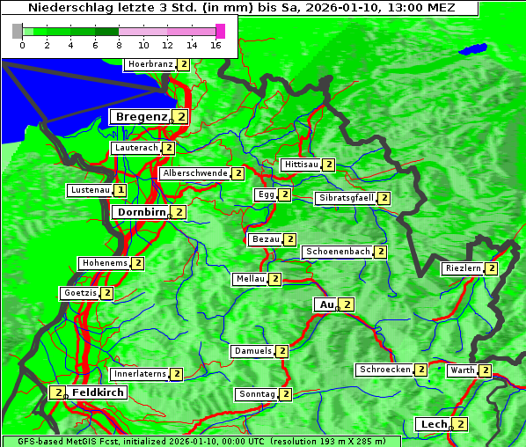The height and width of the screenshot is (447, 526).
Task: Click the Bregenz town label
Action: click(141, 116)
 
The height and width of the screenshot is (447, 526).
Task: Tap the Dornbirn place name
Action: click(142, 212)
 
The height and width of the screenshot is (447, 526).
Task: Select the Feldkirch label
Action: click(98, 392)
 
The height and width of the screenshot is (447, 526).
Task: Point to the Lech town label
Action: click(434, 424)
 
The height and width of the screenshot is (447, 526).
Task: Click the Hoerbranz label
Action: click(150, 64)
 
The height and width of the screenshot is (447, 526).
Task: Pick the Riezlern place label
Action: click(463, 268)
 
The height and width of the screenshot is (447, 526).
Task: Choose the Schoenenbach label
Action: click(338, 252)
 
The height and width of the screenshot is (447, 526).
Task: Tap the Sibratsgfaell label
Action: click(346, 198)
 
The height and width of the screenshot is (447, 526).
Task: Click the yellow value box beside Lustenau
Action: click(121, 190)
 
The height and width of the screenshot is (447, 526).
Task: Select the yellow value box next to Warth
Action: click(485, 370)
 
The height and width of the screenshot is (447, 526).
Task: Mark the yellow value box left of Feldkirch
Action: click(57, 392)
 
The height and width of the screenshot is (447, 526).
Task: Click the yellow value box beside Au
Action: click(347, 304)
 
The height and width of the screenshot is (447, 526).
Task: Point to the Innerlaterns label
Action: click(140, 374)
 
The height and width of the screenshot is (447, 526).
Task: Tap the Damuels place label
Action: click(252, 351)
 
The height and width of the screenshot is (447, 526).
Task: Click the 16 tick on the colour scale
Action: click(216, 45)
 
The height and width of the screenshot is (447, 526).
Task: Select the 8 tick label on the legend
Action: click(119, 45)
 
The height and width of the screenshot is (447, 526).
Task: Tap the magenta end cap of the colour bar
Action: click(220, 31)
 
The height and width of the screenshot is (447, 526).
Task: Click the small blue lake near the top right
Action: click(476, 48)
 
